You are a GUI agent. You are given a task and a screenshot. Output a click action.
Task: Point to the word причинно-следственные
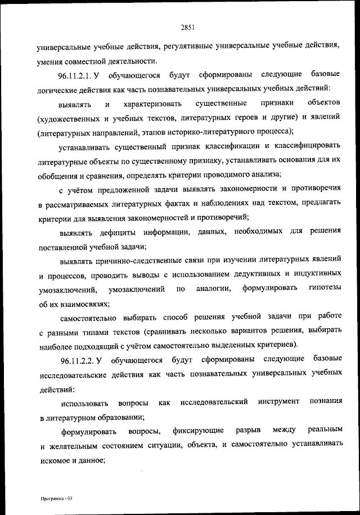point(132,261)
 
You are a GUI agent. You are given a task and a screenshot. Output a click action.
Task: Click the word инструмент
point(277,402)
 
